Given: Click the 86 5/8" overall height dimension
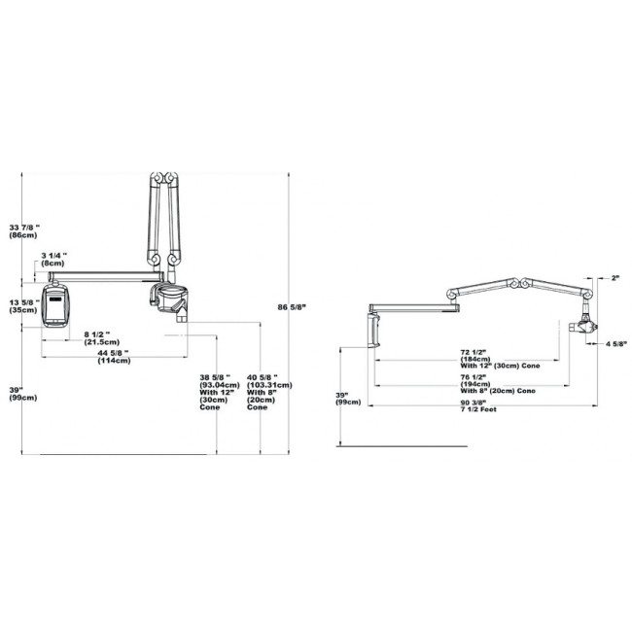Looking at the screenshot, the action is click(292, 307).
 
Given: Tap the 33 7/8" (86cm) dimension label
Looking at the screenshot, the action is click(24, 231).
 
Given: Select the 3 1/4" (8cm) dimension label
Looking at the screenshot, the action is click(53, 260).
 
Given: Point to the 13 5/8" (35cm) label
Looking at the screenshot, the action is click(24, 306).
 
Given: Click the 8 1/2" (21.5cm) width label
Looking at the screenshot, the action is click(101, 337).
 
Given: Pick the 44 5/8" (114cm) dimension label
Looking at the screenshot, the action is click(114, 357).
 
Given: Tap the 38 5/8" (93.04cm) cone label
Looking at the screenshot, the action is click(220, 392).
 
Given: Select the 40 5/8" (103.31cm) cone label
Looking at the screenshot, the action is click(269, 392).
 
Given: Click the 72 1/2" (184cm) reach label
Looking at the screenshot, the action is click(500, 359).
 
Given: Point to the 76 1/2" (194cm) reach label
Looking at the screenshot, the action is click(498, 384).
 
